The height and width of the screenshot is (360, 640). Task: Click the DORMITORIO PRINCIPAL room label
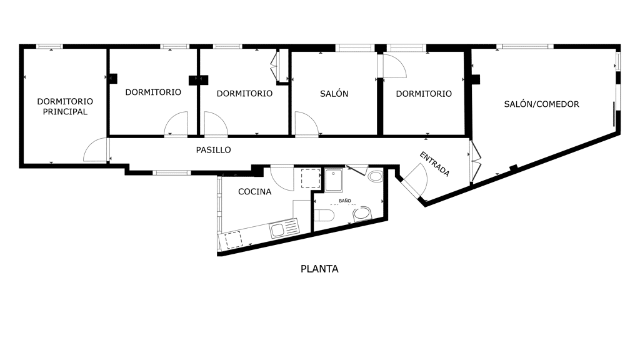pos(65,106)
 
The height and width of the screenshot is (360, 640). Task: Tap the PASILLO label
pos(214,150)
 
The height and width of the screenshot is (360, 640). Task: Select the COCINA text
pos(255,191)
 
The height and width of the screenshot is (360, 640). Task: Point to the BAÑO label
pos(345,201)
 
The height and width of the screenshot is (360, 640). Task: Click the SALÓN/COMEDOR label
pos(542,104)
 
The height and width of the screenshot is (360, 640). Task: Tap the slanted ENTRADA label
pos(435,164)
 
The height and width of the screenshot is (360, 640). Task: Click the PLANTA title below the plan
pos(319,269)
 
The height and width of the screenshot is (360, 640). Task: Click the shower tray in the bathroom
pos(334,181)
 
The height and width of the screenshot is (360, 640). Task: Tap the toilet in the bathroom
pos(324,215)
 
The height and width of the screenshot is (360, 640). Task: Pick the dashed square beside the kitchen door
pos(311,178)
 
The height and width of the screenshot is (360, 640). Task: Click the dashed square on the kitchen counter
pos(234,239)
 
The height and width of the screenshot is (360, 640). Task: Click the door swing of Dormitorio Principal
pos(96,150)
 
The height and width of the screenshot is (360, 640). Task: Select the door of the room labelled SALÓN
pos(306,124)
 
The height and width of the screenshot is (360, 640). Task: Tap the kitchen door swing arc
pos(282,178)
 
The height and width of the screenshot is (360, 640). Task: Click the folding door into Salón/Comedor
pos(475,162)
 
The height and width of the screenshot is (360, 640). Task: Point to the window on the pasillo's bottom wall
pos(172,172)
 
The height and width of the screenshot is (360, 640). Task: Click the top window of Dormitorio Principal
pos(50,46)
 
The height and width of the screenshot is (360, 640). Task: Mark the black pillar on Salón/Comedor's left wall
pos(476,79)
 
